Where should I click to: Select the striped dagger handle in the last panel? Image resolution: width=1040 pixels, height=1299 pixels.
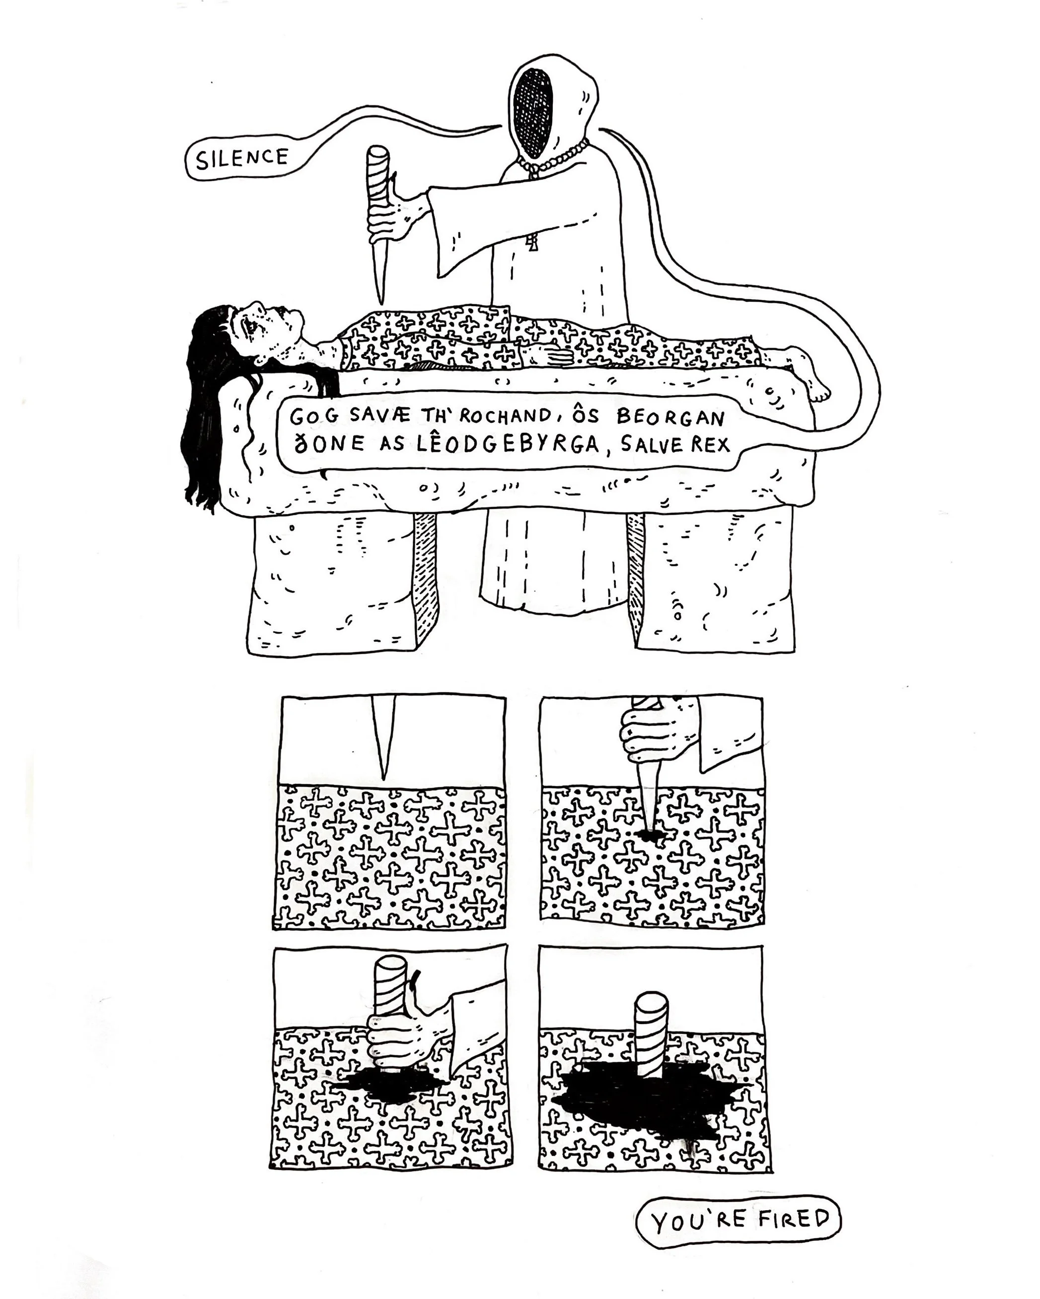coord(651,1033)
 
